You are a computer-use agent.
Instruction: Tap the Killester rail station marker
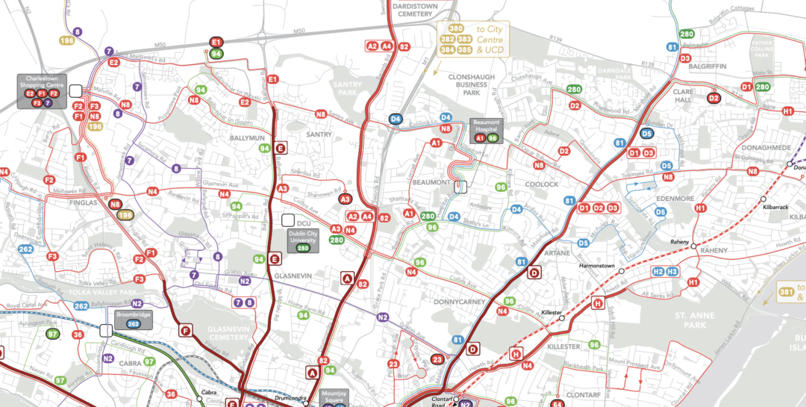[x=562, y=318]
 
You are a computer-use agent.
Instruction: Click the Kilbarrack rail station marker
[x=763, y=199]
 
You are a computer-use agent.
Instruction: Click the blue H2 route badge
[x=658, y=272]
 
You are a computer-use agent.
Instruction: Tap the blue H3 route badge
[x=672, y=272]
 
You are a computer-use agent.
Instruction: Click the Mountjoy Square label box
[x=334, y=396]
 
